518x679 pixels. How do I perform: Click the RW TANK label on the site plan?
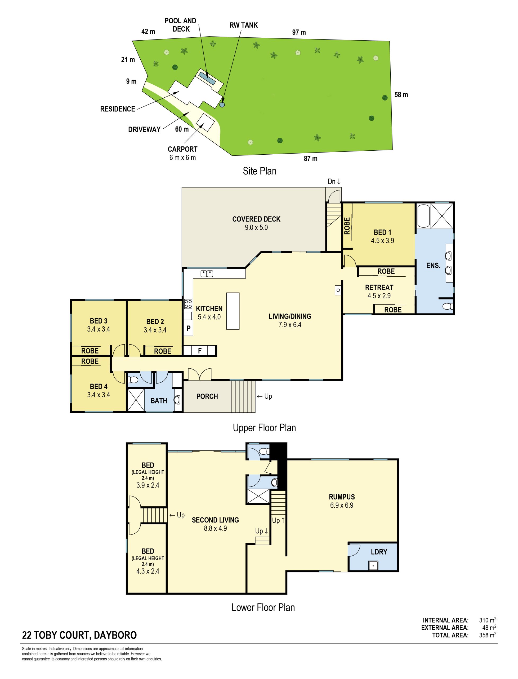click(243, 25)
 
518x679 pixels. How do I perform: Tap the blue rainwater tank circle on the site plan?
click(222, 105)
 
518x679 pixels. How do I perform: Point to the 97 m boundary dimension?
click(299, 32)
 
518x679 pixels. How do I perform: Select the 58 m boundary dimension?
click(401, 95)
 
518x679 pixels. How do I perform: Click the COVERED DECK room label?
click(256, 219)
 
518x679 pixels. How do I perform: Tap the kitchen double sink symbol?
click(207, 273)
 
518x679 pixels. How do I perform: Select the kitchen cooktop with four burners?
click(188, 304)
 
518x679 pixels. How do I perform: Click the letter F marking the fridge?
click(200, 350)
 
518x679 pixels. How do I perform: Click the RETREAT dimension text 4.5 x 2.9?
click(379, 296)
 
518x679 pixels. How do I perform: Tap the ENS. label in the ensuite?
click(433, 265)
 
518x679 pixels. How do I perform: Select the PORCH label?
click(207, 396)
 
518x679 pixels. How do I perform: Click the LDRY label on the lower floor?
click(379, 552)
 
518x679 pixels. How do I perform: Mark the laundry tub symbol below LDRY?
click(373, 566)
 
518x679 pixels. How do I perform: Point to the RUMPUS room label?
click(342, 497)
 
